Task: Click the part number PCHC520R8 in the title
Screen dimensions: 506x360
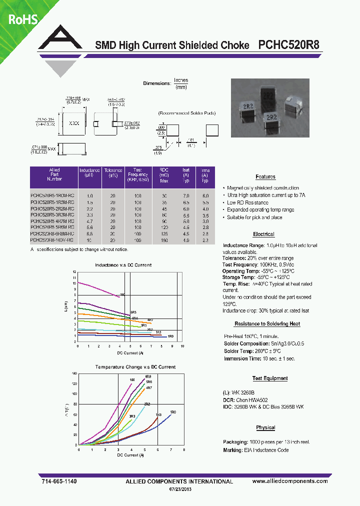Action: click(289, 45)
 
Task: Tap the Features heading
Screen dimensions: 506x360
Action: click(265, 176)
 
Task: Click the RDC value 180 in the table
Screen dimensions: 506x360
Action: click(165, 240)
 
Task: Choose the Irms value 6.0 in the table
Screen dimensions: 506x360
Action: click(205, 195)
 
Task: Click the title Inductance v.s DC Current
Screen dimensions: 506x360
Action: click(122, 264)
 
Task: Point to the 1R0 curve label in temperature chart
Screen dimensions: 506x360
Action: click(173, 411)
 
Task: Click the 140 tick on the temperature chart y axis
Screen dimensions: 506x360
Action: click(74, 373)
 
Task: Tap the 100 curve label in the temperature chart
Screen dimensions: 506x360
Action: click(132, 380)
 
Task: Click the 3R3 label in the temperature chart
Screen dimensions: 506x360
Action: click(132, 416)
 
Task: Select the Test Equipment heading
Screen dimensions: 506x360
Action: click(269, 378)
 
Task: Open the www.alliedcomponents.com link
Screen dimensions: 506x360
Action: click(290, 481)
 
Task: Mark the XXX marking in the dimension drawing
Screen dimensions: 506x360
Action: click(74, 122)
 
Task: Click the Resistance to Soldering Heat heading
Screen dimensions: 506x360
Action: click(267, 324)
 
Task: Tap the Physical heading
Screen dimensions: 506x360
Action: click(265, 427)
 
